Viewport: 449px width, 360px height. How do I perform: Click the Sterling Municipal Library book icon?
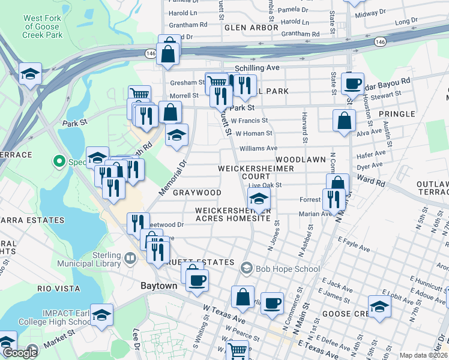[131, 258]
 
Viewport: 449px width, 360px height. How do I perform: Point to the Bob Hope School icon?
[246, 268]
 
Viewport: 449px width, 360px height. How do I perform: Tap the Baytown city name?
[158, 286]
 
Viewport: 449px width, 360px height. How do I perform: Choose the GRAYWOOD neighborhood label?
[197, 193]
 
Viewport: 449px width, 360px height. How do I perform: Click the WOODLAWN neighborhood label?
[300, 160]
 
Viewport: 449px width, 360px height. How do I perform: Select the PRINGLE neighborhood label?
[396, 113]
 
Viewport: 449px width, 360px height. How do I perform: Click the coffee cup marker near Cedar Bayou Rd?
[353, 83]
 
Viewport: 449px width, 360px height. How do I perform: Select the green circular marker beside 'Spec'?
[59, 161]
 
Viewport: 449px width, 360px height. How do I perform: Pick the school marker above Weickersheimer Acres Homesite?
[259, 199]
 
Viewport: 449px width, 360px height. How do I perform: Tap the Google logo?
[20, 353]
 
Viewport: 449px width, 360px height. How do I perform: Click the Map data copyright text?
[423, 355]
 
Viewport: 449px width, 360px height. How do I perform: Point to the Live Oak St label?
[265, 185]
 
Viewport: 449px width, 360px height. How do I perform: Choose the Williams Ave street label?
[258, 148]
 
